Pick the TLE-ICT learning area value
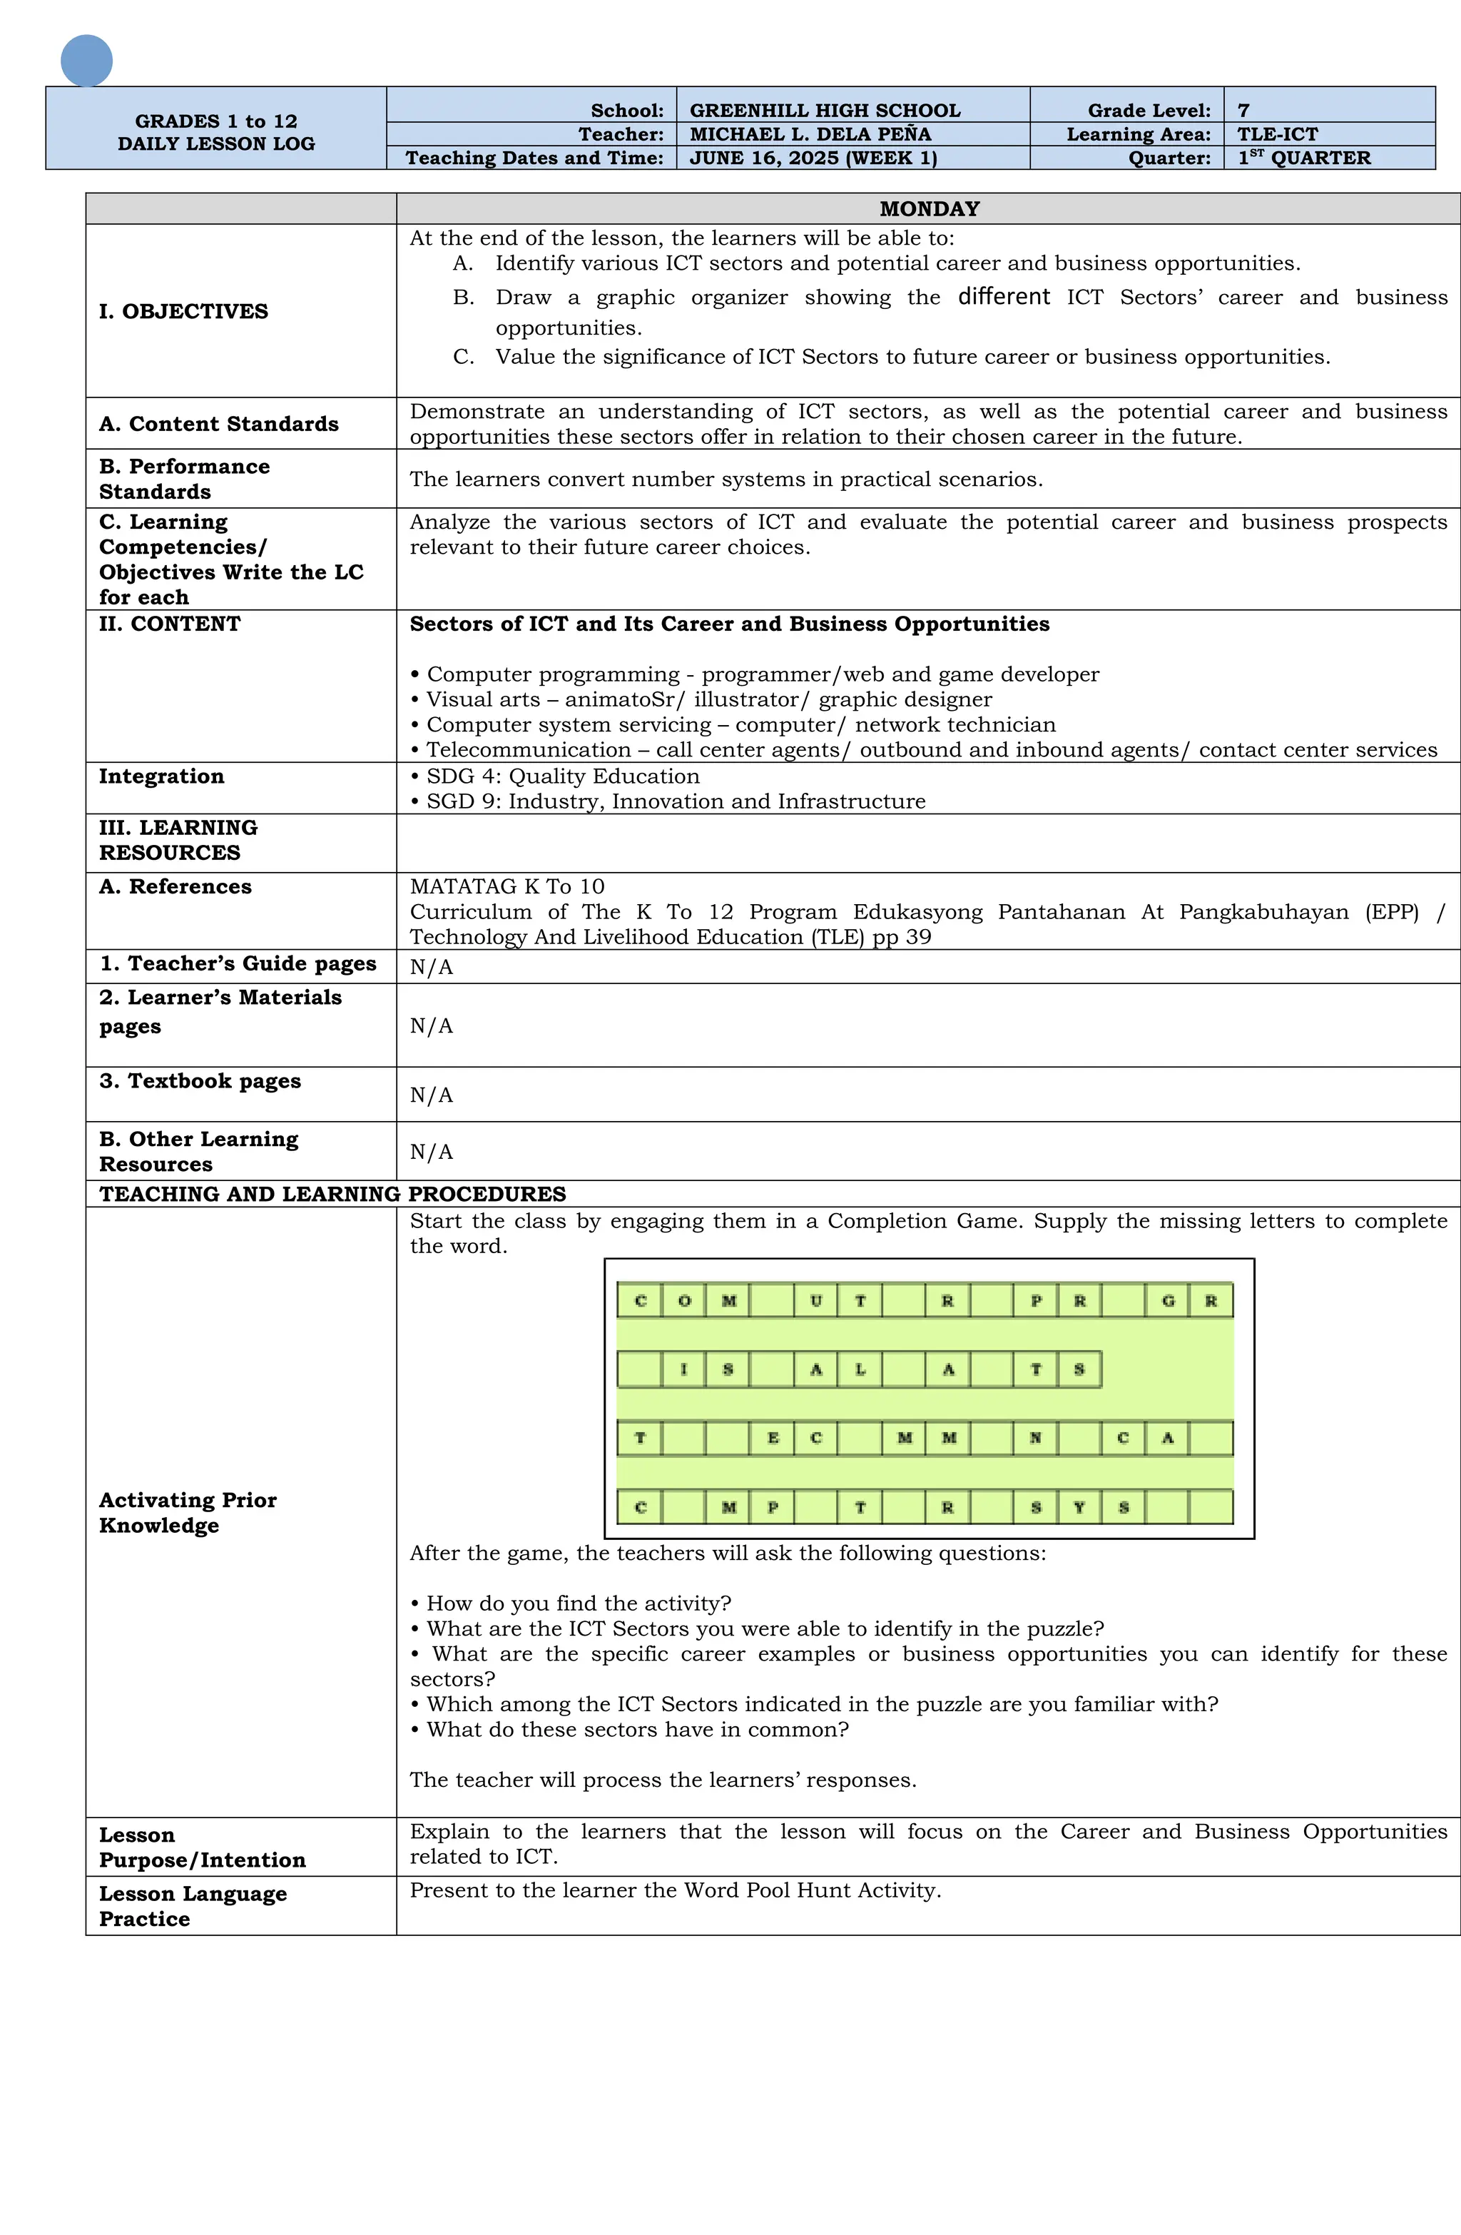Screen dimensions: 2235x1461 pyautogui.click(x=1276, y=133)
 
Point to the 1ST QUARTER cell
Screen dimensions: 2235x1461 pyautogui.click(x=1303, y=157)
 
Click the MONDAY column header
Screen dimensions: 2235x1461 pyautogui.click(x=927, y=208)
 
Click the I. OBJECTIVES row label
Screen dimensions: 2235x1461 pyautogui.click(x=183, y=311)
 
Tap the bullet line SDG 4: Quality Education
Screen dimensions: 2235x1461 pyautogui.click(x=561, y=776)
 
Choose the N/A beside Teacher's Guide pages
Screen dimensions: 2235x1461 pyautogui.click(x=431, y=966)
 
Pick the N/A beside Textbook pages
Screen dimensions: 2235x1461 pyautogui.click(x=431, y=1094)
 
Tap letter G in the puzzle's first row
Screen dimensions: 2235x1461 pyautogui.click(x=1167, y=1301)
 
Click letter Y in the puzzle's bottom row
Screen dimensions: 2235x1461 pyautogui.click(x=1079, y=1507)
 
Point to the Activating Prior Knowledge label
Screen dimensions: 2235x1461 pyautogui.click(x=187, y=1512)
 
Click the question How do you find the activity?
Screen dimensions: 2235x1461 pyautogui.click(x=577, y=1602)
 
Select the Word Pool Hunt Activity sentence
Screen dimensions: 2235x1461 pyautogui.click(x=674, y=1890)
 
